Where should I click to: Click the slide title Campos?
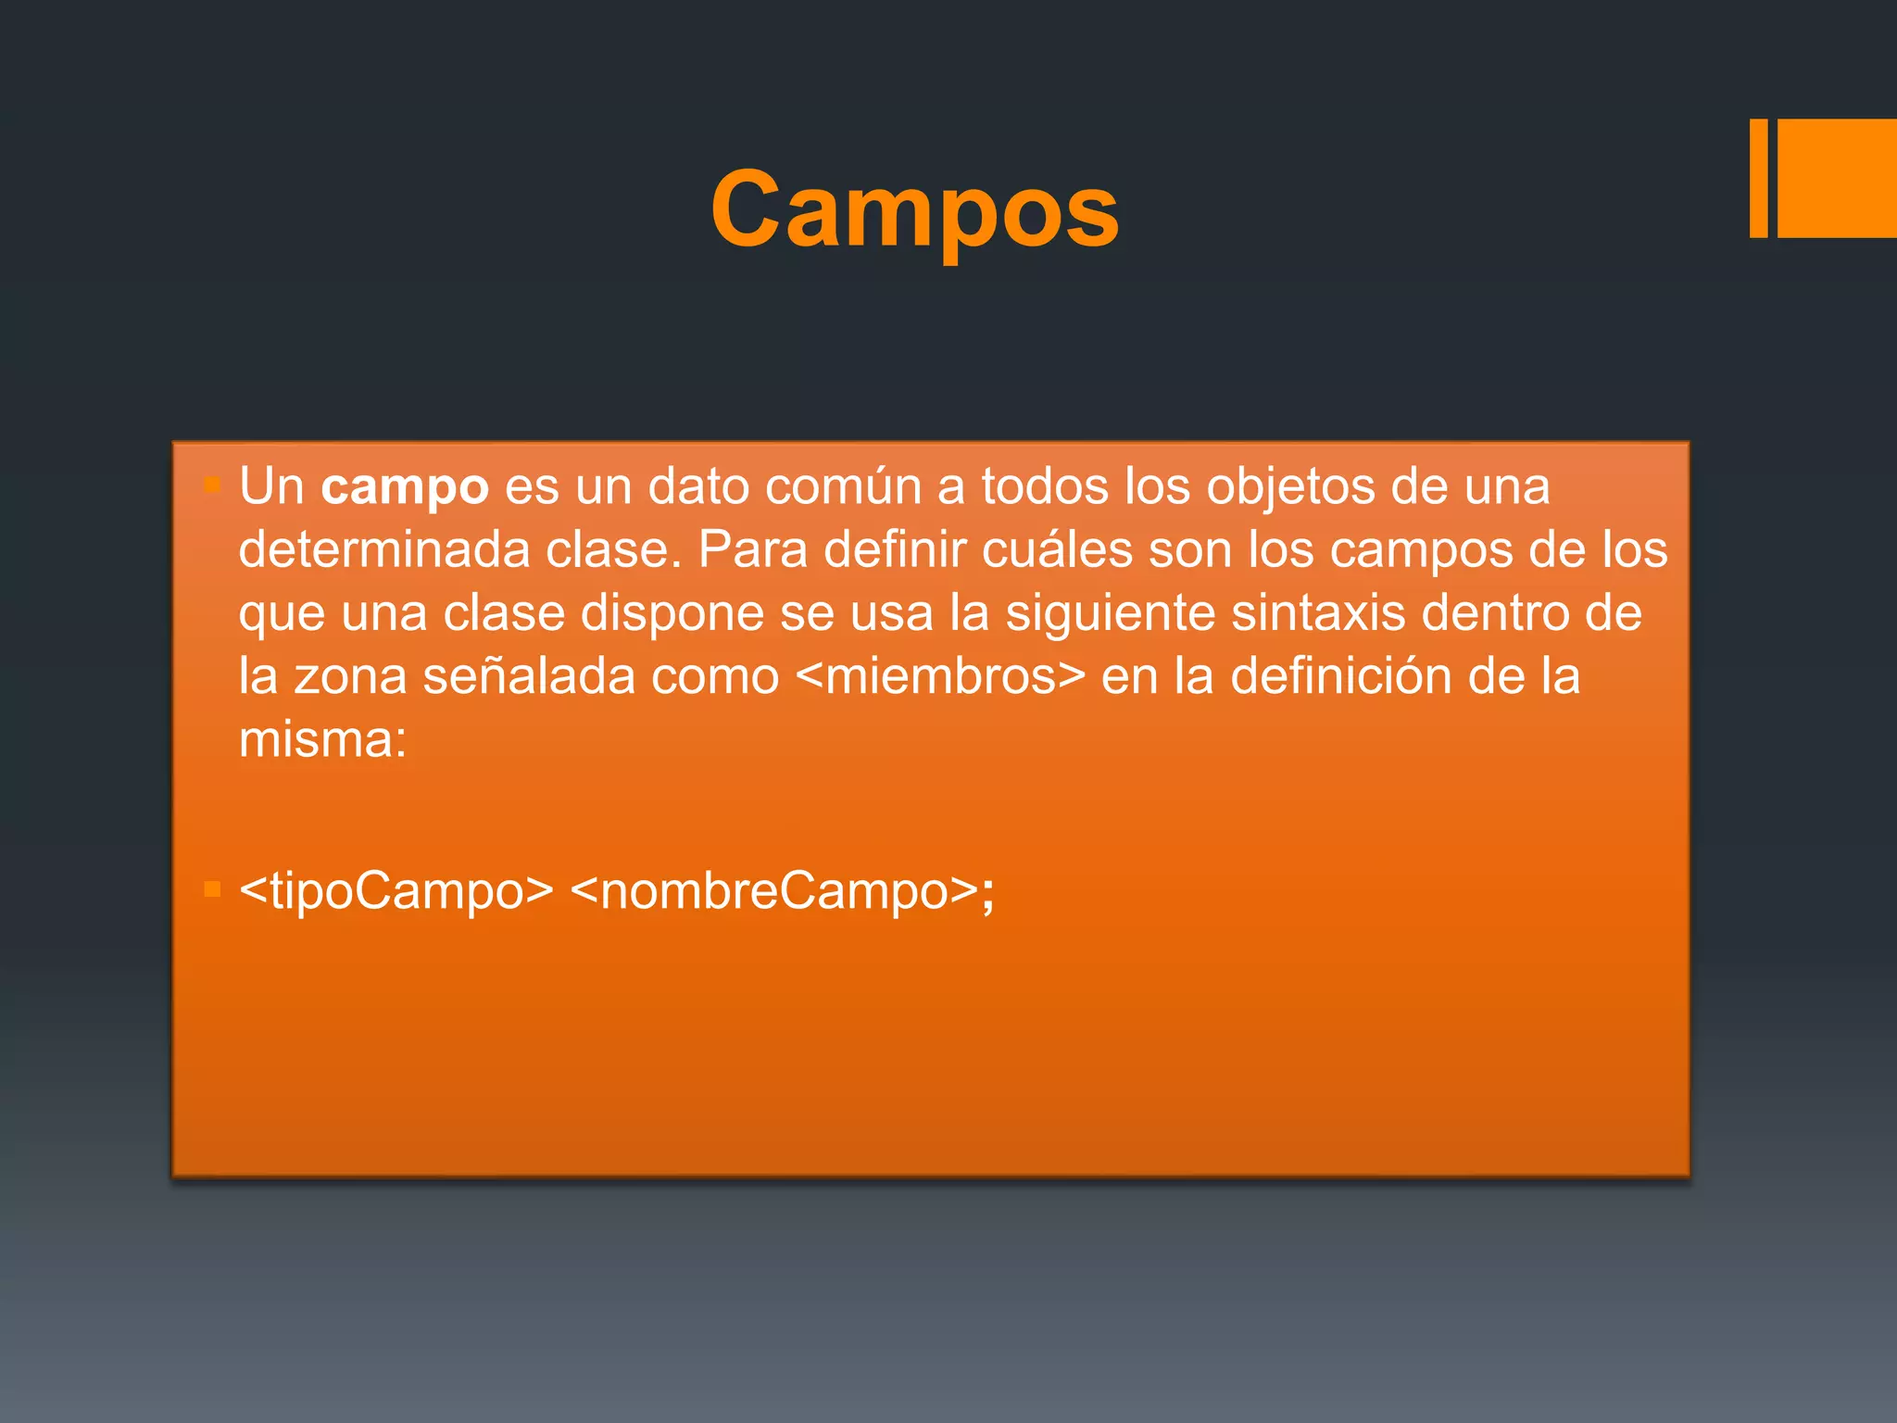coord(914,209)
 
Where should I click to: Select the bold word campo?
coord(405,487)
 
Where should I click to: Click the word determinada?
coord(383,549)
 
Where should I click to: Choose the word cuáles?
coord(1057,549)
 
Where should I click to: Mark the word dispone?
coord(672,613)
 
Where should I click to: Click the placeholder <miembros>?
coord(940,676)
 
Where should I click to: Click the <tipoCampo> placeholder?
coord(396,891)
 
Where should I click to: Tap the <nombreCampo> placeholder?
coord(774,891)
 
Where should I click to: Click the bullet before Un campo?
coord(212,485)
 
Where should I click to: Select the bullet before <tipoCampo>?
coord(212,890)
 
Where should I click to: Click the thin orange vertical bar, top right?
coord(1758,178)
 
